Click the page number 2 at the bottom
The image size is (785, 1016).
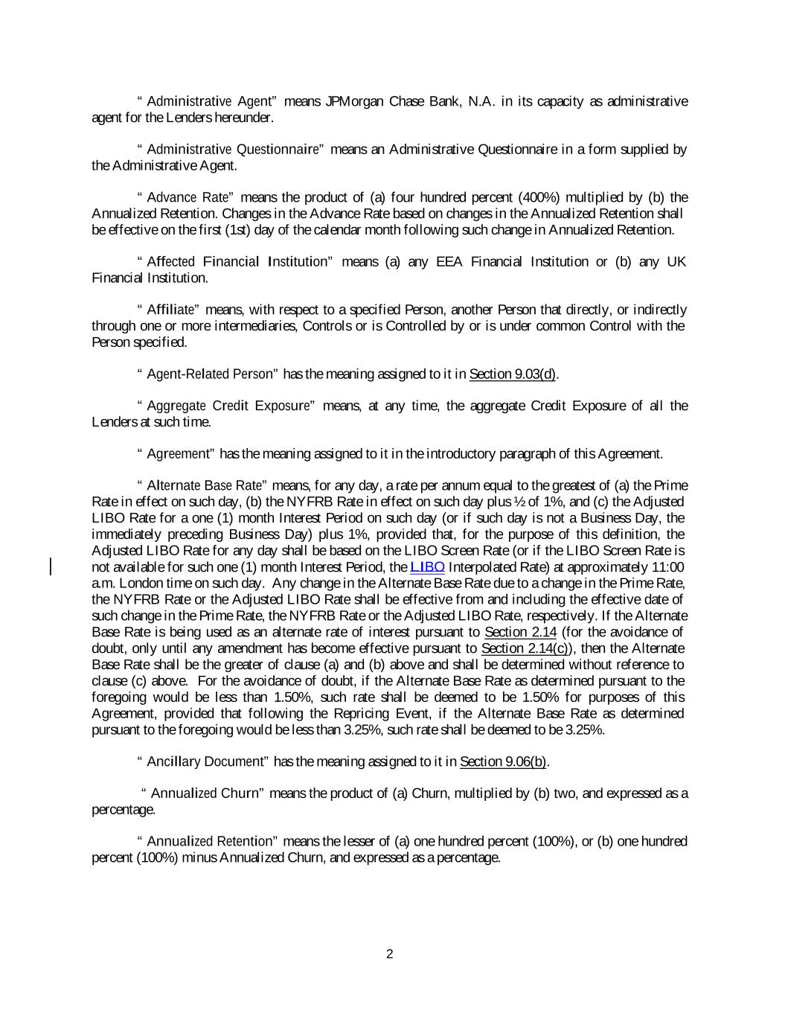[x=389, y=954]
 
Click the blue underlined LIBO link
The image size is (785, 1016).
[x=427, y=567]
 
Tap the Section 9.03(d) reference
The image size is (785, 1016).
[x=513, y=374]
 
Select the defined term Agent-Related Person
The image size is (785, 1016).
[x=211, y=374]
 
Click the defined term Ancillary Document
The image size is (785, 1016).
[x=206, y=761]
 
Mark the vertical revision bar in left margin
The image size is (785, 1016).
[x=51, y=567]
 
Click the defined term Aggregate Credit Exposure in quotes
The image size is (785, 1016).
[x=228, y=406]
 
